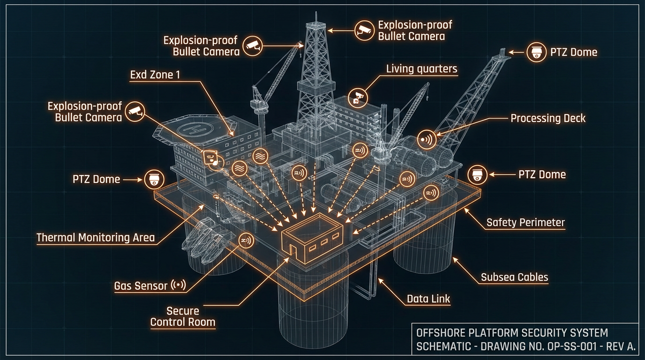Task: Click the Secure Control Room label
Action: [x=183, y=316]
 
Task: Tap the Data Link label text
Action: [x=428, y=299]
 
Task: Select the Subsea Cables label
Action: [x=514, y=277]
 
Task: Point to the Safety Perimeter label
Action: [x=525, y=222]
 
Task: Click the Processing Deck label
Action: [x=548, y=118]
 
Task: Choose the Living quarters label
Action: [x=421, y=69]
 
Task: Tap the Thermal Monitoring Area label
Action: [x=96, y=237]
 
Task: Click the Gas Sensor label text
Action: [x=141, y=285]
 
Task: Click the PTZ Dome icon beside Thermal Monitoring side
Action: [x=154, y=179]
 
